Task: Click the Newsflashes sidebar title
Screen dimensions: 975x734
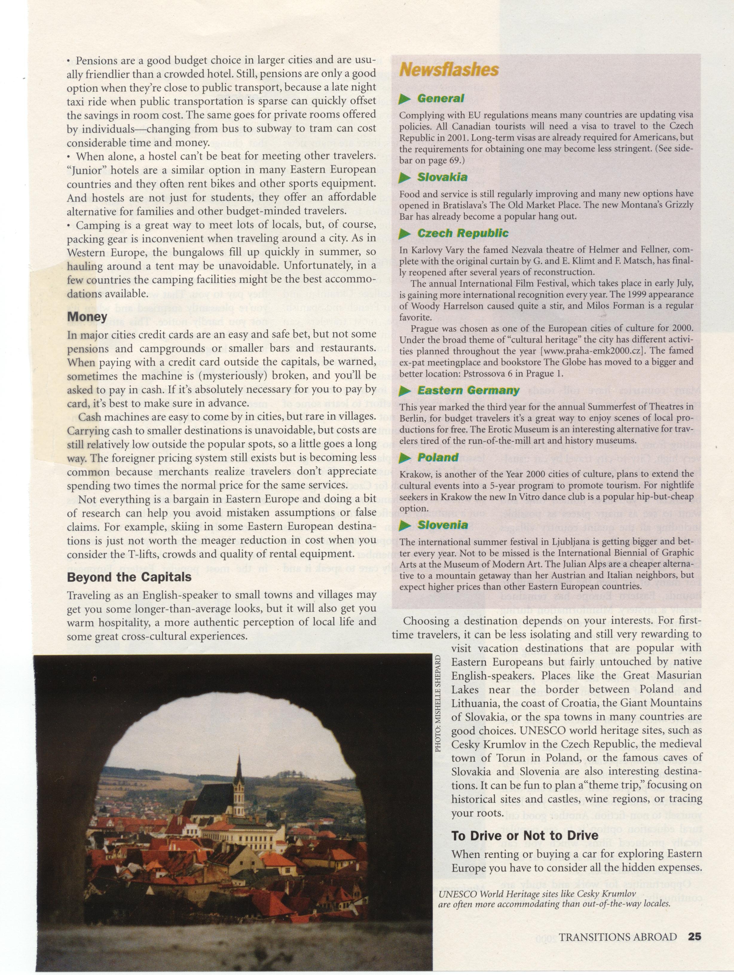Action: (449, 70)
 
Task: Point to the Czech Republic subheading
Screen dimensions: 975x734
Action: (463, 234)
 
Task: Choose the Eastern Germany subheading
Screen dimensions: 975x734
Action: (468, 391)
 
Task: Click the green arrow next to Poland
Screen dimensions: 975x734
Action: (404, 459)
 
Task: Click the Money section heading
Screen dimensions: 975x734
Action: (87, 317)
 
